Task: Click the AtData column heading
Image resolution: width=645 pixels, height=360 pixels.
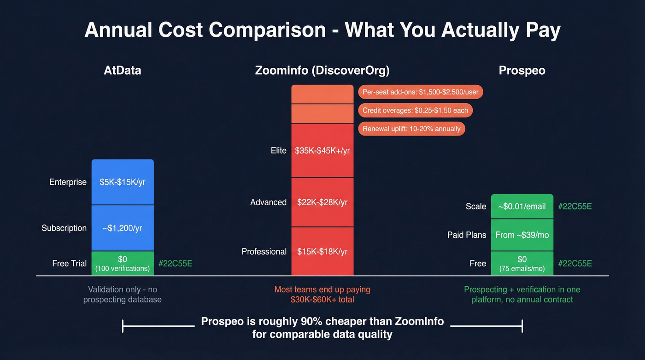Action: coord(123,71)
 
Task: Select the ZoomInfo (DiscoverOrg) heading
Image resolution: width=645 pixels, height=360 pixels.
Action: coord(322,71)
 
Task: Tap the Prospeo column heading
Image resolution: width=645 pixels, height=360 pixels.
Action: coord(522,71)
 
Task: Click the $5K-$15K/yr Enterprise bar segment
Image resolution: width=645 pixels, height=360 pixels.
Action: coord(123,182)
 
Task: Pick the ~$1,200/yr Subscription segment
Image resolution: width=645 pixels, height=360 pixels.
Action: coord(123,228)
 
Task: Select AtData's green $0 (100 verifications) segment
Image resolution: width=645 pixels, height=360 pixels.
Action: coord(123,263)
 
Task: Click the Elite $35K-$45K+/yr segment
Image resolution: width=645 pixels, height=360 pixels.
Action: coord(322,151)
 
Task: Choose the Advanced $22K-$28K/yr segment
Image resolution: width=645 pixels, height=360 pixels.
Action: coord(322,202)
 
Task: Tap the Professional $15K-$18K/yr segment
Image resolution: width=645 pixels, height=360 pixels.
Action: coord(322,252)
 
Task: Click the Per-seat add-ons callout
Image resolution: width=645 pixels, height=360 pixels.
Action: coord(420,92)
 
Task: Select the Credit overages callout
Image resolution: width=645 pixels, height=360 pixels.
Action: coord(415,110)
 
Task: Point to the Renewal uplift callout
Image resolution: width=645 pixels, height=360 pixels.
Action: coord(411,129)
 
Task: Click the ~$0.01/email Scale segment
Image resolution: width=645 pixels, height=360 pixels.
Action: coord(522,207)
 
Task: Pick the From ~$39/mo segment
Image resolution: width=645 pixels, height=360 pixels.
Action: coord(522,235)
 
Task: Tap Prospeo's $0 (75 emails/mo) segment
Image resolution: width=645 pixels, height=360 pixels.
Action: coord(522,263)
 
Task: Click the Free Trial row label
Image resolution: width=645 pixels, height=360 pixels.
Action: coord(69,264)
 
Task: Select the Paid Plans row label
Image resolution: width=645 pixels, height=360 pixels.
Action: coord(466,235)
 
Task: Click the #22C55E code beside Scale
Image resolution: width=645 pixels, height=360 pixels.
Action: coord(575,207)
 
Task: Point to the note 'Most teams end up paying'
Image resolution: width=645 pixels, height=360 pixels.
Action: coord(322,289)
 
